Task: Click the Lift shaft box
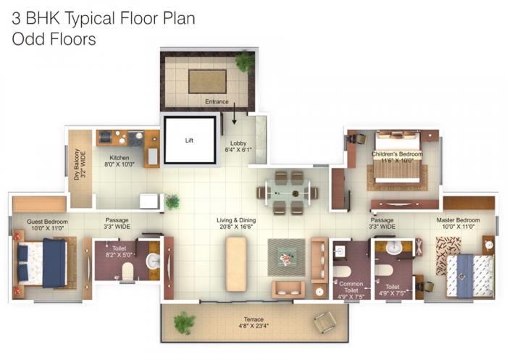[x=190, y=140]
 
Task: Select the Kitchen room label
[x=120, y=161]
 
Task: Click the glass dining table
[x=288, y=193]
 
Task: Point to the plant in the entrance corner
[x=245, y=61]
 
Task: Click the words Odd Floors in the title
[x=54, y=39]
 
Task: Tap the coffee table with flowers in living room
[x=285, y=256]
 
